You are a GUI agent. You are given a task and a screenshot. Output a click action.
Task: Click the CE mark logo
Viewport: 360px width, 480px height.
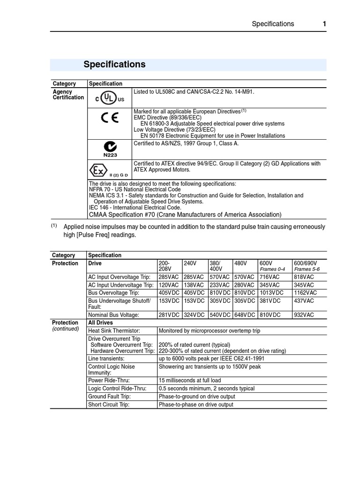[x=110, y=117]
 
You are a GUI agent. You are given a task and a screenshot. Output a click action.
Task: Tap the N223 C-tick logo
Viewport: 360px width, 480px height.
[x=110, y=149]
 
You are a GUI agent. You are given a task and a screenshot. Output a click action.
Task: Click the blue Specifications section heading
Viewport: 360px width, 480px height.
[x=114, y=65]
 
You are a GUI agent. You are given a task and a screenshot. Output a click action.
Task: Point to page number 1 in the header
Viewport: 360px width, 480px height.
[x=323, y=24]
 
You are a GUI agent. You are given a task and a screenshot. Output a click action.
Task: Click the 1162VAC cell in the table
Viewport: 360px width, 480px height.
[x=305, y=292]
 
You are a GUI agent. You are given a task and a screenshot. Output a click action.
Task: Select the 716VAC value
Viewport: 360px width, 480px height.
[x=270, y=277]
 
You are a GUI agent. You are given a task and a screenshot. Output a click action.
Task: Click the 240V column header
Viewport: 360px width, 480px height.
[x=190, y=263]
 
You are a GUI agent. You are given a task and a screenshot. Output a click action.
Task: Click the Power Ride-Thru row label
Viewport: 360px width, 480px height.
[x=109, y=381]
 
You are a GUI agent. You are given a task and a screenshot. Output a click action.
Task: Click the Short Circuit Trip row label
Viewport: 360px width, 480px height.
[x=109, y=405]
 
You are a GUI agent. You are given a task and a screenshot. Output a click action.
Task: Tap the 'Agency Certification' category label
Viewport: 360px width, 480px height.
[x=68, y=95]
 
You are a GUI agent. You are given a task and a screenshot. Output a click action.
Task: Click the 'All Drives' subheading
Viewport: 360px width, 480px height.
[x=101, y=323]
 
